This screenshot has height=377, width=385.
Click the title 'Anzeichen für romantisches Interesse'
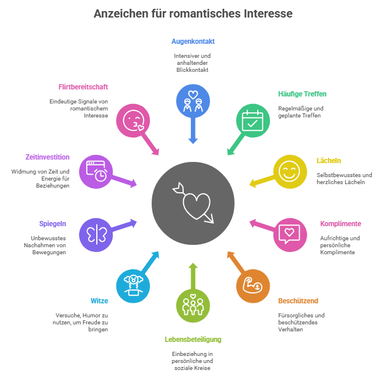(193, 13)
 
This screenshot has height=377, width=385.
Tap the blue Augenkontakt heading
(193, 41)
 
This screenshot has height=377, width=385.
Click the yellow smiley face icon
(289, 172)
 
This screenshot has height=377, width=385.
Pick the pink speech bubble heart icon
(290, 234)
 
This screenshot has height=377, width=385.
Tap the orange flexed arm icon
(253, 286)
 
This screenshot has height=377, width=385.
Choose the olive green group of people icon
(193, 303)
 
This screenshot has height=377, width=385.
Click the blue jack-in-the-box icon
(134, 286)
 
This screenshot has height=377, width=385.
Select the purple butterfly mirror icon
(96, 234)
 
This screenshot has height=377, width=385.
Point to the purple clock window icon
(96, 172)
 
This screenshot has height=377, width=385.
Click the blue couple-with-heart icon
(193, 101)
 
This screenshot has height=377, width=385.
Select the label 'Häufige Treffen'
(302, 94)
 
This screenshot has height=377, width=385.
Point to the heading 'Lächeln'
(329, 160)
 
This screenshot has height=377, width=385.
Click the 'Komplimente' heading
(341, 224)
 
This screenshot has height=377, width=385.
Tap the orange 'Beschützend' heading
(298, 301)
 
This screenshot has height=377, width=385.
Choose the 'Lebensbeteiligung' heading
(193, 340)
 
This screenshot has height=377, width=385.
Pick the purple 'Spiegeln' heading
(52, 224)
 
